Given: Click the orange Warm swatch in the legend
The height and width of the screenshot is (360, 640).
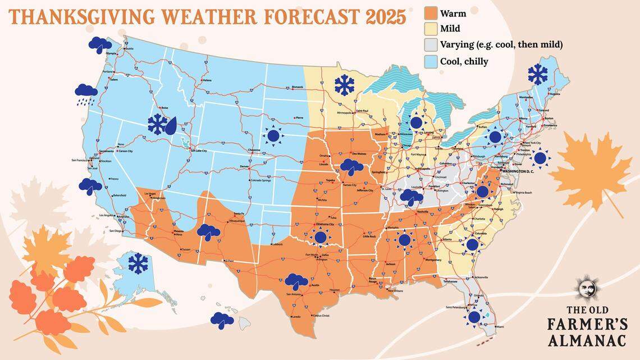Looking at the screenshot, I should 431,14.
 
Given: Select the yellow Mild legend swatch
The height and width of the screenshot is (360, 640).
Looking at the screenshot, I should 431,29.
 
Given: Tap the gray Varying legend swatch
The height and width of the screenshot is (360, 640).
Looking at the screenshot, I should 431,45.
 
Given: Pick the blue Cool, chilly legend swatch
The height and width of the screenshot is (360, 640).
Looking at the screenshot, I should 431,61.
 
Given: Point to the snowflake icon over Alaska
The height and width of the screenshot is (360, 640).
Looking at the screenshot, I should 137,263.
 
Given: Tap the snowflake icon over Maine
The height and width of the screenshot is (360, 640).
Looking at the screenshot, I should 537,74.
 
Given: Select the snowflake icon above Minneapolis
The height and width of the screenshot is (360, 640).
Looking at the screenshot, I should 344,85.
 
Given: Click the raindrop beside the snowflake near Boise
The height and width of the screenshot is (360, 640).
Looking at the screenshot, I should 170,125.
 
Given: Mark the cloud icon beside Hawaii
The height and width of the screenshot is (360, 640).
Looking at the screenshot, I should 222,320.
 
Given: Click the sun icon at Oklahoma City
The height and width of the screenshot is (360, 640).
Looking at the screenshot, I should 321,237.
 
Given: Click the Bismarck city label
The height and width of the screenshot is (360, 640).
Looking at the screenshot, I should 298,87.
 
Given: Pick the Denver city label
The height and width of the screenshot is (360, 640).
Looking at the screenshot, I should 244,167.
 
